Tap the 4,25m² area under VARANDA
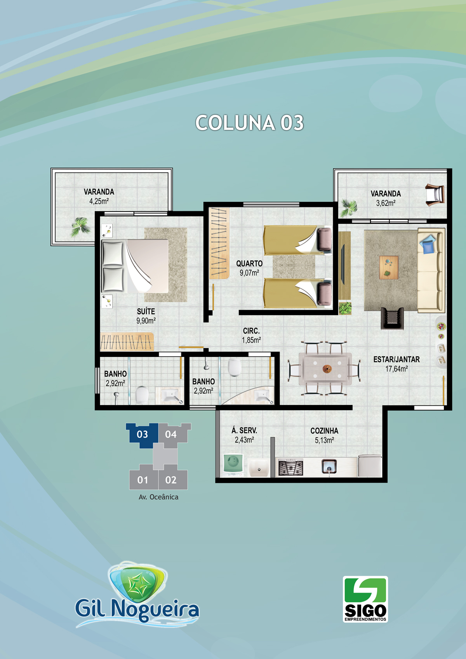[x=99, y=201]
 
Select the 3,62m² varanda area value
[x=386, y=203]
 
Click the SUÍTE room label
[x=146, y=311]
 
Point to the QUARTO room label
[x=249, y=263]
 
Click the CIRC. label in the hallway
[x=251, y=331]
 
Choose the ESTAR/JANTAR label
[x=396, y=359]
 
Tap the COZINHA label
[x=324, y=431]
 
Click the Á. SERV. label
[x=244, y=430]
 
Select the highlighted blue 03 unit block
[x=143, y=435]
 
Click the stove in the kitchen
[x=290, y=468]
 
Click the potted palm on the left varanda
[x=80, y=226]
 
